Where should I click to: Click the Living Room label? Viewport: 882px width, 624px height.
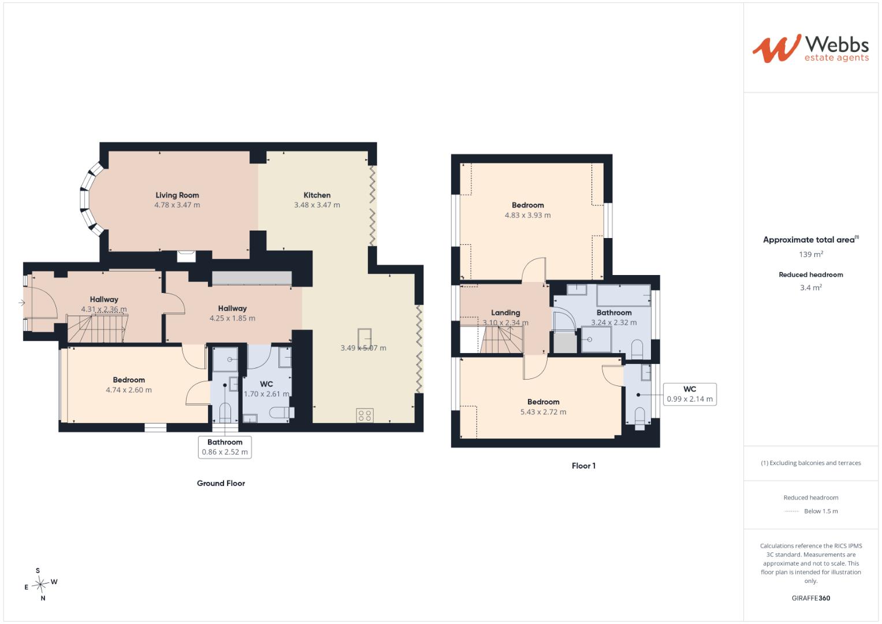pyautogui.click(x=177, y=195)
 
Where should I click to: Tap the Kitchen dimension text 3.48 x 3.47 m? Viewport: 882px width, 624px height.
pyautogui.click(x=317, y=205)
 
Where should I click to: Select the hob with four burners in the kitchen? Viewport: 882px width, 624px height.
pyautogui.click(x=364, y=415)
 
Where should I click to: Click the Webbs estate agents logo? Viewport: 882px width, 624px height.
pyautogui.click(x=811, y=49)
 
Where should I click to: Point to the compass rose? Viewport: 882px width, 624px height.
pyautogui.click(x=40, y=584)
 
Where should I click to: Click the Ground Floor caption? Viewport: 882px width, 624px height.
pyautogui.click(x=221, y=484)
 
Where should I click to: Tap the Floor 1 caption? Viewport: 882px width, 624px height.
pyautogui.click(x=583, y=466)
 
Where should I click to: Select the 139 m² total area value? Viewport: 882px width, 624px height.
pyautogui.click(x=811, y=254)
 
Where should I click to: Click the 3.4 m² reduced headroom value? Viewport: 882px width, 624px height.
pyautogui.click(x=811, y=288)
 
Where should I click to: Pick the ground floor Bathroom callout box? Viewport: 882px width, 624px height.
pyautogui.click(x=225, y=447)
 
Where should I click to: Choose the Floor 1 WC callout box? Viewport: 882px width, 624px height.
pyautogui.click(x=690, y=394)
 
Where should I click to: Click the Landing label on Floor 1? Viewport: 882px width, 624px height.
pyautogui.click(x=505, y=313)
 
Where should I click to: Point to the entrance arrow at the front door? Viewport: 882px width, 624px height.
pyautogui.click(x=21, y=303)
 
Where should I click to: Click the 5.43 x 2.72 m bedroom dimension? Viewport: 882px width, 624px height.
pyautogui.click(x=544, y=412)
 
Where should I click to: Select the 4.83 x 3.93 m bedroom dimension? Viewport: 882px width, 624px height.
pyautogui.click(x=527, y=215)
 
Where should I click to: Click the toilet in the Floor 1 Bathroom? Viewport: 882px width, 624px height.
pyautogui.click(x=637, y=350)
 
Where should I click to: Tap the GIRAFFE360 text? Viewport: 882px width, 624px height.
pyautogui.click(x=811, y=598)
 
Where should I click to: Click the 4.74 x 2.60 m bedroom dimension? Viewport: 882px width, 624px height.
pyautogui.click(x=129, y=390)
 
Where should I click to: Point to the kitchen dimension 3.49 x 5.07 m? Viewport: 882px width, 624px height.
pyautogui.click(x=363, y=348)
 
